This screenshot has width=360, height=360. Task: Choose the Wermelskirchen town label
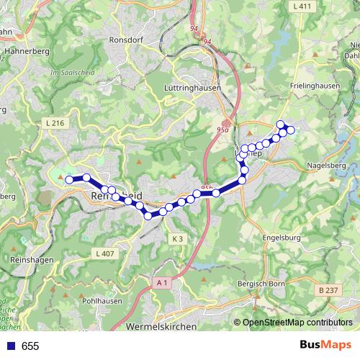point(161,327)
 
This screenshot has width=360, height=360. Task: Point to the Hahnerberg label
point(25,52)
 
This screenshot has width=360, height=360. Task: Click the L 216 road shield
point(55,124)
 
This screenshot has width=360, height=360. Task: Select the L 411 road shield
point(302,6)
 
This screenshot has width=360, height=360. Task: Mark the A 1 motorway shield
point(163,284)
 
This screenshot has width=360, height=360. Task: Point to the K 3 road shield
point(178,238)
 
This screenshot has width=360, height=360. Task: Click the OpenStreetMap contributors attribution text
point(297,323)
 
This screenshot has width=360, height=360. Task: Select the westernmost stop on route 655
point(70,180)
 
